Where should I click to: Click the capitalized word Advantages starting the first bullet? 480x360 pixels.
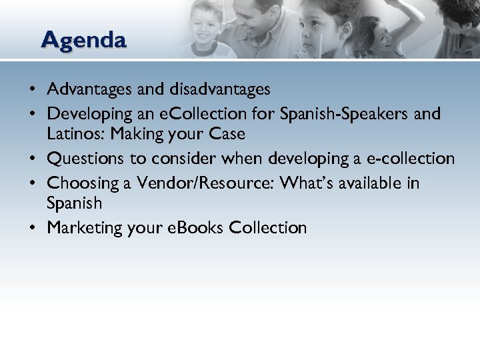coord(89,88)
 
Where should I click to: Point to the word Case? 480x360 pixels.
coord(227,134)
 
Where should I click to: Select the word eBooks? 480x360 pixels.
coord(195,227)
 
